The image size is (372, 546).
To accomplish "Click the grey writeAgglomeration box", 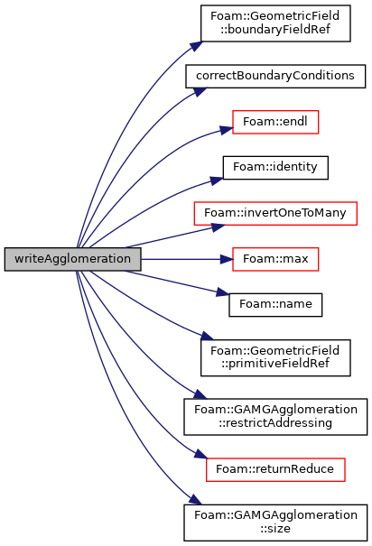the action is pyautogui.click(x=73, y=259).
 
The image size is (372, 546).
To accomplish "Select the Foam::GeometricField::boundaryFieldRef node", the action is pyautogui.click(x=275, y=23).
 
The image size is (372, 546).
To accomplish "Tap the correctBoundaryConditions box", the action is pyautogui.click(x=275, y=76).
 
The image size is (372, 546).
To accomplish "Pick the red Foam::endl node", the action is pyautogui.click(x=275, y=122).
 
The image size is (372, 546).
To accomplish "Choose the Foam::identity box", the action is pyautogui.click(x=275, y=168).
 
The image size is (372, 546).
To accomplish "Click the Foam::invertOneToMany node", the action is pyautogui.click(x=275, y=213).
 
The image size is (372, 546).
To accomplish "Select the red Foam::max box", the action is pyautogui.click(x=275, y=259).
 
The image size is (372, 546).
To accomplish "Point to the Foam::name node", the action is pyautogui.click(x=275, y=305).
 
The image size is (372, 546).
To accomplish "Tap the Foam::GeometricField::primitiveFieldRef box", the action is pyautogui.click(x=275, y=357).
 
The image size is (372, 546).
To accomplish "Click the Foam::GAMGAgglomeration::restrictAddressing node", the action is pyautogui.click(x=275, y=417).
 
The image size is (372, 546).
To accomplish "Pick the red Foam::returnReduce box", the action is pyautogui.click(x=275, y=469).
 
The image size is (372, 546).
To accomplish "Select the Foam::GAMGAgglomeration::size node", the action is pyautogui.click(x=275, y=523).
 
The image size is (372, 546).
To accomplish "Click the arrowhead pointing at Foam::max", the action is pyautogui.click(x=227, y=259).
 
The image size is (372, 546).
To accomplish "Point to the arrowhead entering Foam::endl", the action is pyautogui.click(x=227, y=130).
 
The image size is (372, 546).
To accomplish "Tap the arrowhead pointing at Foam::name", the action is pyautogui.click(x=223, y=292).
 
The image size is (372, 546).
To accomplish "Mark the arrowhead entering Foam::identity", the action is pyautogui.click(x=217, y=180).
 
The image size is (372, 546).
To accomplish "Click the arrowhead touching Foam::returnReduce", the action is pyautogui.click(x=201, y=454).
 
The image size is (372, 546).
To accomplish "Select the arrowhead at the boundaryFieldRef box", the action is pyautogui.click(x=196, y=46).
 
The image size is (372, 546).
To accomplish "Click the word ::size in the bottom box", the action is pyautogui.click(x=275, y=529).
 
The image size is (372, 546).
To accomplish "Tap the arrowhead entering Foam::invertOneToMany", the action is pyautogui.click(x=219, y=227).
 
